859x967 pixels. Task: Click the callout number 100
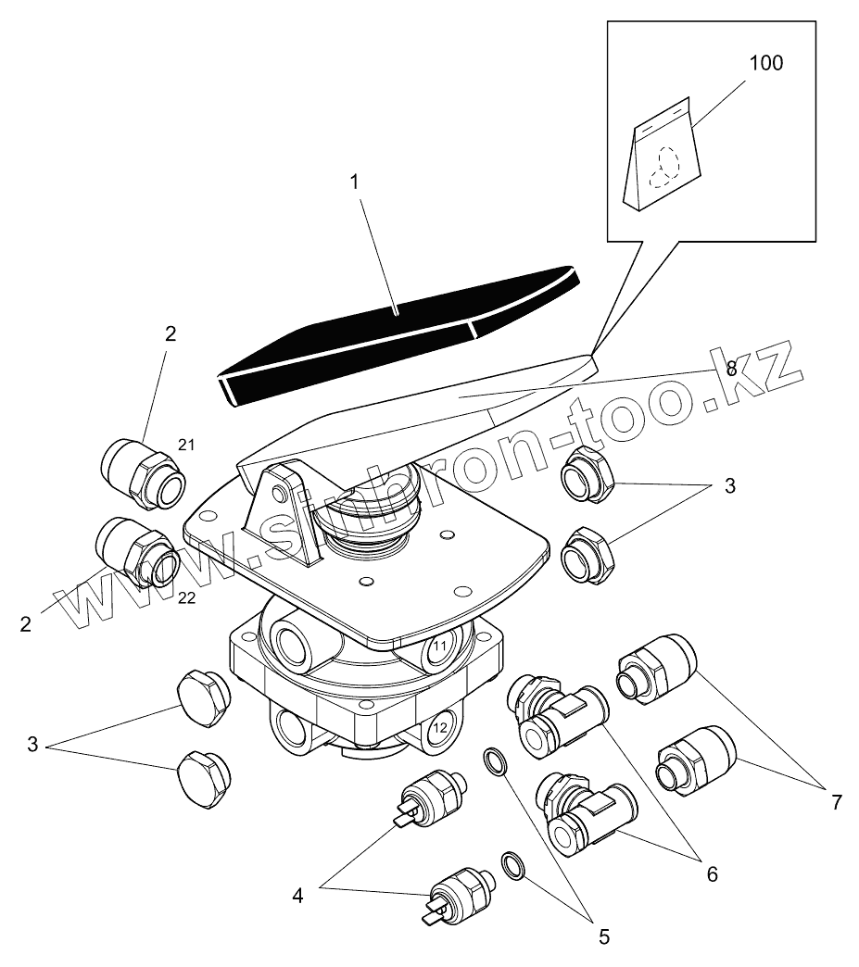(x=765, y=63)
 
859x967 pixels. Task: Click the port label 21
(x=187, y=446)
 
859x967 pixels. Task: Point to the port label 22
(x=187, y=598)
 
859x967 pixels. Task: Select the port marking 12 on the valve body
(x=441, y=727)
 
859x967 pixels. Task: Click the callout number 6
(x=711, y=873)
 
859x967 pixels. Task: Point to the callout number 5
(x=603, y=936)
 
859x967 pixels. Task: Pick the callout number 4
(x=298, y=896)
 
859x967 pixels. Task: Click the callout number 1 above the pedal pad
(x=354, y=182)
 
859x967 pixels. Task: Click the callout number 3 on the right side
(x=730, y=485)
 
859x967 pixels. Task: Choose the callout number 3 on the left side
(x=33, y=744)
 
